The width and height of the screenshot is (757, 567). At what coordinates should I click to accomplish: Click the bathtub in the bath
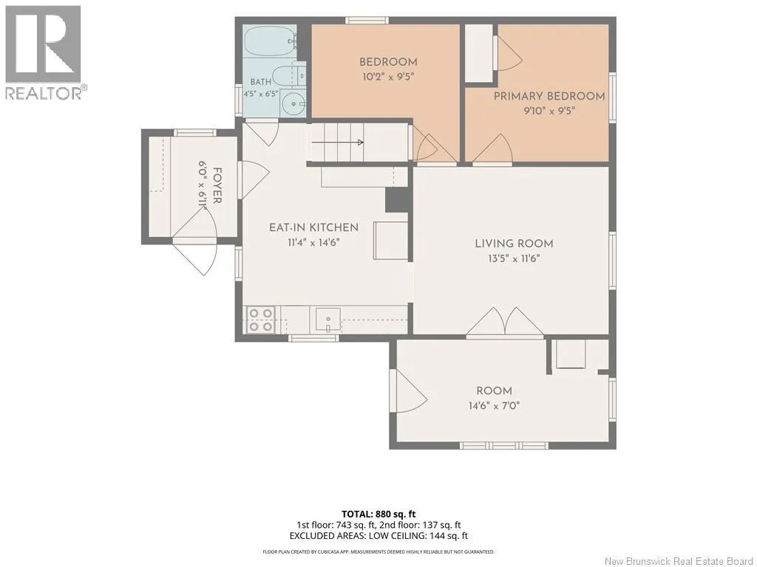point(269,41)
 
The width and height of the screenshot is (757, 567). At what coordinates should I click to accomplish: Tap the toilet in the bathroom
point(289,76)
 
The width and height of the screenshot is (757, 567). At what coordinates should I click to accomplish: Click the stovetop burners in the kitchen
point(261,320)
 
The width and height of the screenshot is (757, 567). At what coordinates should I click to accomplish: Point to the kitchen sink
point(327,320)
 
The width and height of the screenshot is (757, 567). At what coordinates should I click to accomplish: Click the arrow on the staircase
point(337,142)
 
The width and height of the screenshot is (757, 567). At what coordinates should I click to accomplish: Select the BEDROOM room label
point(388,62)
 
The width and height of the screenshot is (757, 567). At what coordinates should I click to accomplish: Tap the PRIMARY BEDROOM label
point(549,96)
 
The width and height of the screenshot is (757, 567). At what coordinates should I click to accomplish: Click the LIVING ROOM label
point(514,244)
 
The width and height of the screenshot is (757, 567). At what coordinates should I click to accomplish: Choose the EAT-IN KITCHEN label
point(313,227)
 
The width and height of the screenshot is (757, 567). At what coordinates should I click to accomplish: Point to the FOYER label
point(217,185)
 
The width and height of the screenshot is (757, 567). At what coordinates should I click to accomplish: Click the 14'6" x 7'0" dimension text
point(494,405)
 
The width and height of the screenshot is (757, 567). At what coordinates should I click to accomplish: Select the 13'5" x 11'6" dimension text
point(514,258)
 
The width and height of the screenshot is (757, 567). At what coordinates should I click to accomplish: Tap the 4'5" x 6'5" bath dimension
point(261,94)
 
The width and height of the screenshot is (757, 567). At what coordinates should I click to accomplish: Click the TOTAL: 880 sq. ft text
point(378,514)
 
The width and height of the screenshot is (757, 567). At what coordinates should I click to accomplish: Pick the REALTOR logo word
point(44,92)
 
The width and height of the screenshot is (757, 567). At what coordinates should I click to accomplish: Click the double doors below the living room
point(505,321)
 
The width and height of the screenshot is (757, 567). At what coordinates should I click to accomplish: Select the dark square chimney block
point(397,199)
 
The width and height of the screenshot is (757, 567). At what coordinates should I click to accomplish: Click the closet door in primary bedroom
point(507,53)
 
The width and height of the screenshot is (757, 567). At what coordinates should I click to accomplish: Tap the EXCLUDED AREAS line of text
point(378,536)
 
